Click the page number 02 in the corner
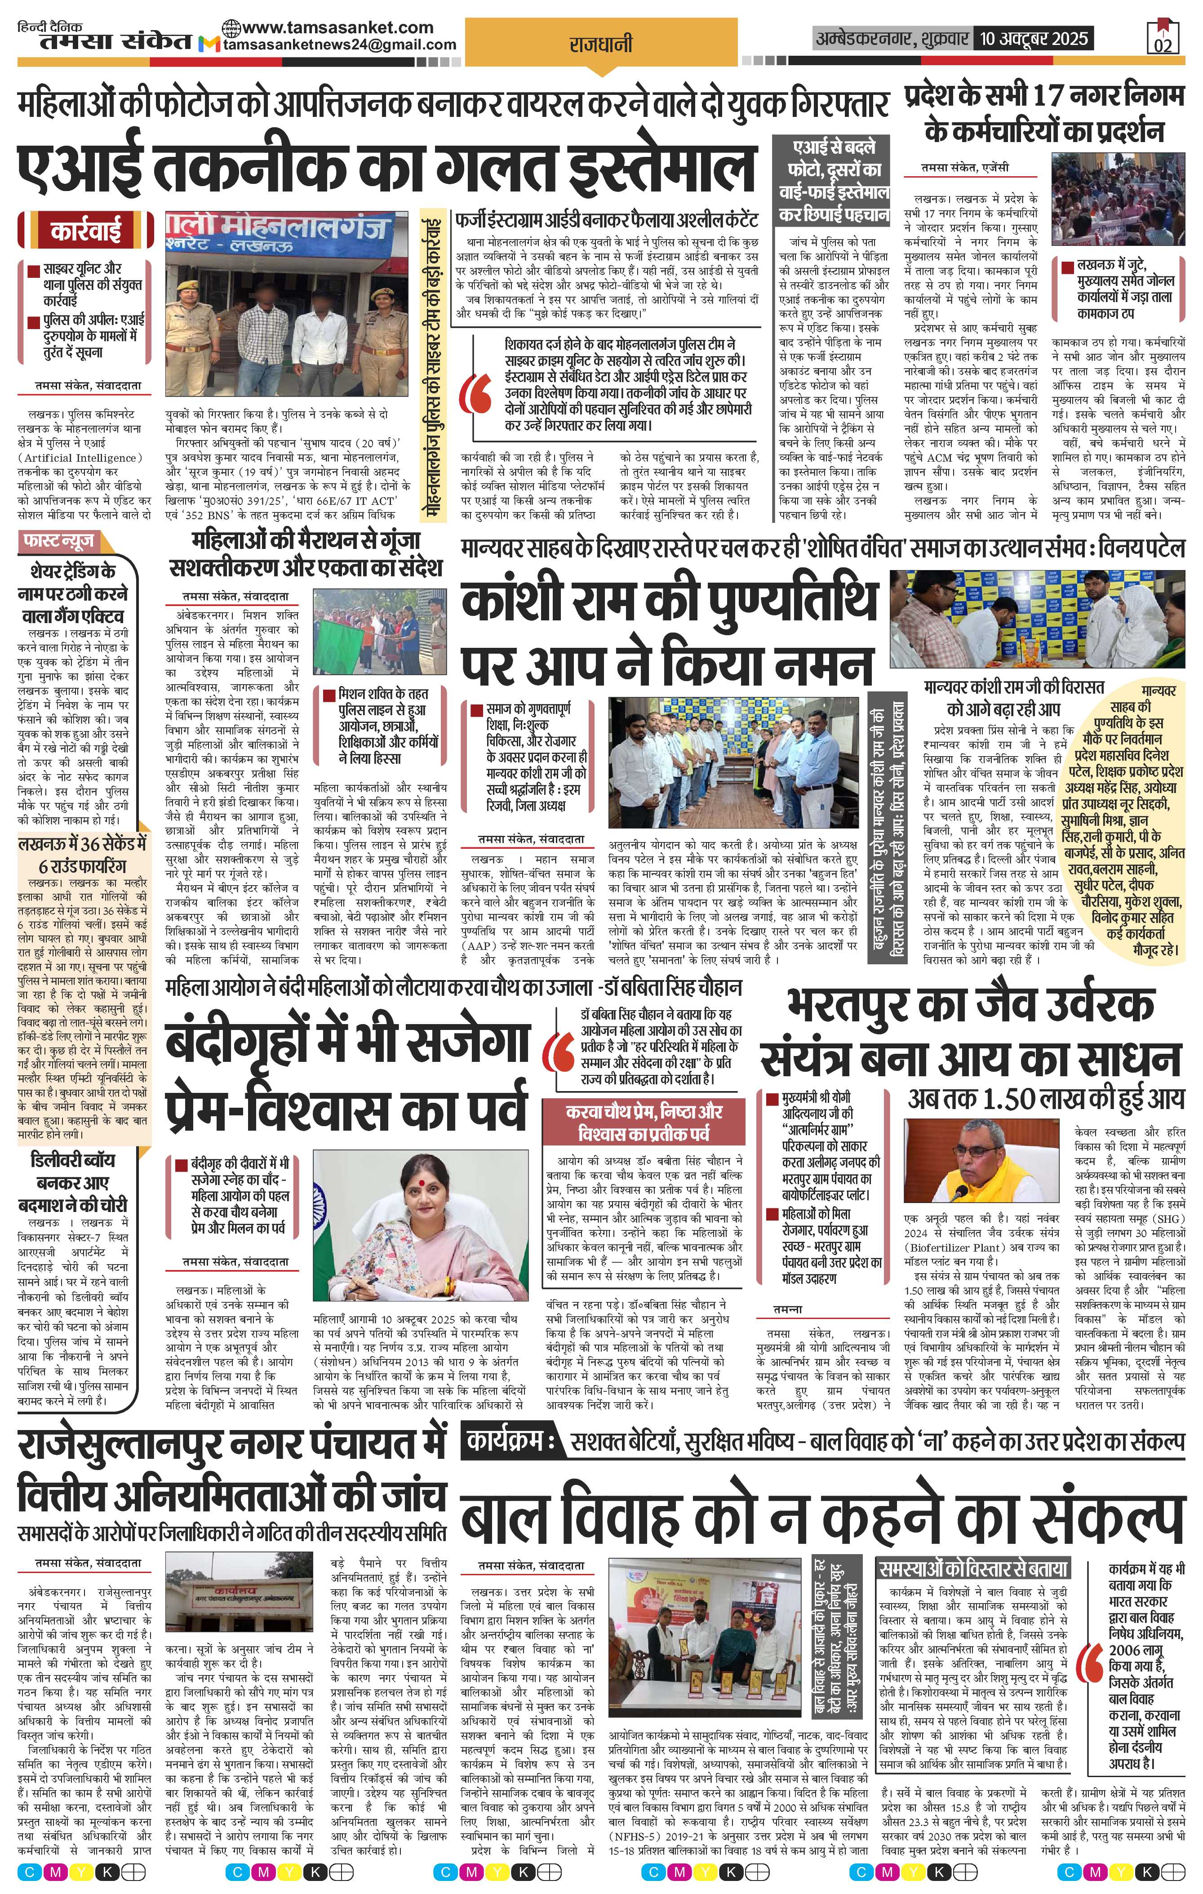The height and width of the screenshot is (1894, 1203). click(x=1163, y=45)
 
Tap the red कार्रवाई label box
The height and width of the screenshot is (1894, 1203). click(x=86, y=231)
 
